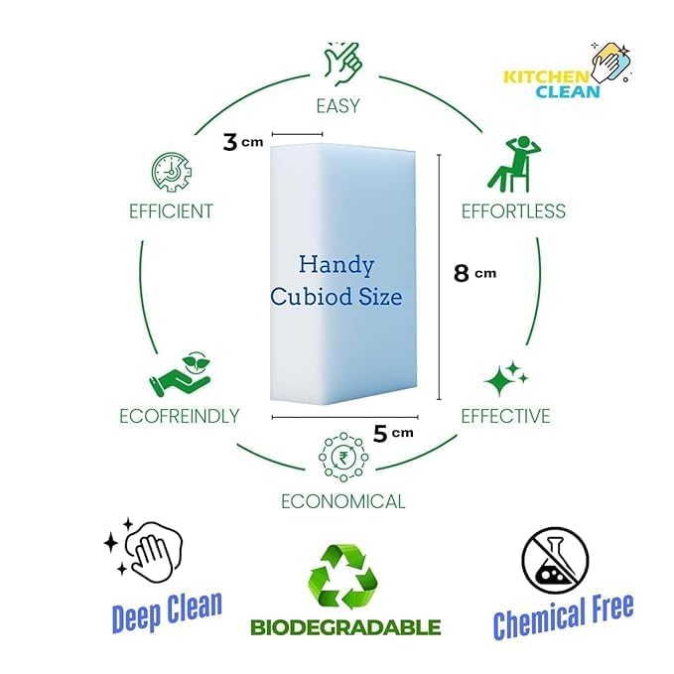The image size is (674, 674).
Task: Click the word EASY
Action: (337, 106)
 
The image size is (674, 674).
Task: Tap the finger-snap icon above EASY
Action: (343, 64)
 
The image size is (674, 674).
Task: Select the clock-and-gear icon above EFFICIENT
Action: (172, 172)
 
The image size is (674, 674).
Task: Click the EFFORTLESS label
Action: (513, 211)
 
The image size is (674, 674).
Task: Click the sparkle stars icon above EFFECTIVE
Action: (506, 378)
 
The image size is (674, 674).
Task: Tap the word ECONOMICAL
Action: (343, 501)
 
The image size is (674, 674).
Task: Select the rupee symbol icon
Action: (343, 458)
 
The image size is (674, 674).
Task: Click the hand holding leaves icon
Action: (181, 374)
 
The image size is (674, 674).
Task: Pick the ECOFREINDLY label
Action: (180, 416)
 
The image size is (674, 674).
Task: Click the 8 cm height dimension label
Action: (475, 273)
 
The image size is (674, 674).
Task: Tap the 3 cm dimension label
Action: (243, 142)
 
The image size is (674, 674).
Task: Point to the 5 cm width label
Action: (393, 433)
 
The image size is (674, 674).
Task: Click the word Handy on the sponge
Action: (337, 265)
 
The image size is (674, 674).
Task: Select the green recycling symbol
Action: (343, 577)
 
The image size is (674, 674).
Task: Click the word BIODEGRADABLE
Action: (345, 627)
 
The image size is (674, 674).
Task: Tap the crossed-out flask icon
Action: (555, 561)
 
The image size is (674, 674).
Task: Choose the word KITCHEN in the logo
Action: (546, 77)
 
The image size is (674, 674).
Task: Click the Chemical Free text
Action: (563, 615)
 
